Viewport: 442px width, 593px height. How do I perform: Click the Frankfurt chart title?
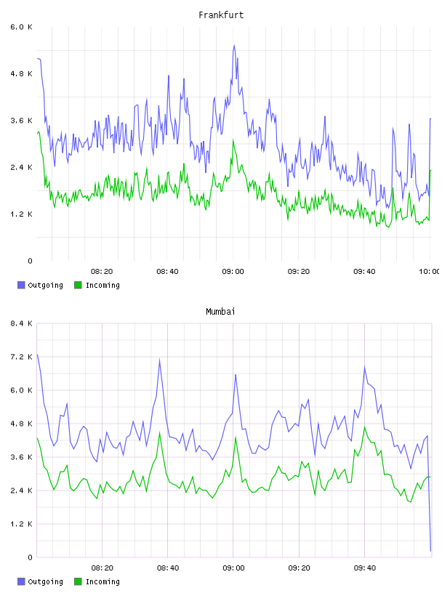(221, 15)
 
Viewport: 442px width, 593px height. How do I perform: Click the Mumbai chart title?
(220, 312)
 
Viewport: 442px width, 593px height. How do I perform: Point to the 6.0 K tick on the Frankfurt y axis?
(22, 27)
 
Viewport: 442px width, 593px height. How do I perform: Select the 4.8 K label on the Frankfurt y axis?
(22, 73)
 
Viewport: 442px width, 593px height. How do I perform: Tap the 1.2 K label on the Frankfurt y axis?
(22, 214)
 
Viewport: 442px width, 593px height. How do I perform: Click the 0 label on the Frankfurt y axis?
(31, 261)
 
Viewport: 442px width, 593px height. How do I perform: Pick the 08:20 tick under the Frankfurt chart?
(102, 272)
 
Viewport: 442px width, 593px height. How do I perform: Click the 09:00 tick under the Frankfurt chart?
(233, 272)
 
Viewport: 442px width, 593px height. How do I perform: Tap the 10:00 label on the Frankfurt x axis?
(430, 272)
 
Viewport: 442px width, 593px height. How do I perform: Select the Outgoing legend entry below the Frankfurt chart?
(41, 285)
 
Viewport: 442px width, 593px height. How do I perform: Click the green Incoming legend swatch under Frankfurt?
(78, 285)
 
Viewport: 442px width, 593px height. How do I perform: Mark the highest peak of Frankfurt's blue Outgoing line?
(234, 45)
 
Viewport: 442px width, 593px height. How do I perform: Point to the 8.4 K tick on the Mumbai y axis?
(22, 323)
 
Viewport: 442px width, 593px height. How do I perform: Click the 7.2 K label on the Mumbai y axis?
(22, 357)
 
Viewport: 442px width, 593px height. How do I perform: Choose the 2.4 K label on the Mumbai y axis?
(22, 491)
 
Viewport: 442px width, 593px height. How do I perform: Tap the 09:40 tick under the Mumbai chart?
(365, 568)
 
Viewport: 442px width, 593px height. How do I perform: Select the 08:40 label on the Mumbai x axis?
(168, 568)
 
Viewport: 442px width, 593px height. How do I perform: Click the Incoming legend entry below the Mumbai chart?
(97, 581)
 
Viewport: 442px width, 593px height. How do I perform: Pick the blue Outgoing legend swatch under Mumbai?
(21, 581)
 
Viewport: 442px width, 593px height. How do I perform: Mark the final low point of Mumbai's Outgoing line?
(430, 551)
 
